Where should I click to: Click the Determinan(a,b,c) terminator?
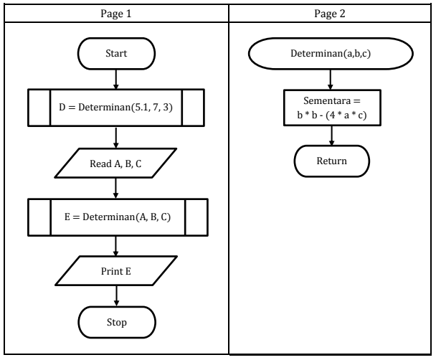(331, 54)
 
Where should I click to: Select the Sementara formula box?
(331, 108)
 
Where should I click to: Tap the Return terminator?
(331, 161)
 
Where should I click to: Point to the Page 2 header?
(331, 13)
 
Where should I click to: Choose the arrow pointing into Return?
(331, 136)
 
